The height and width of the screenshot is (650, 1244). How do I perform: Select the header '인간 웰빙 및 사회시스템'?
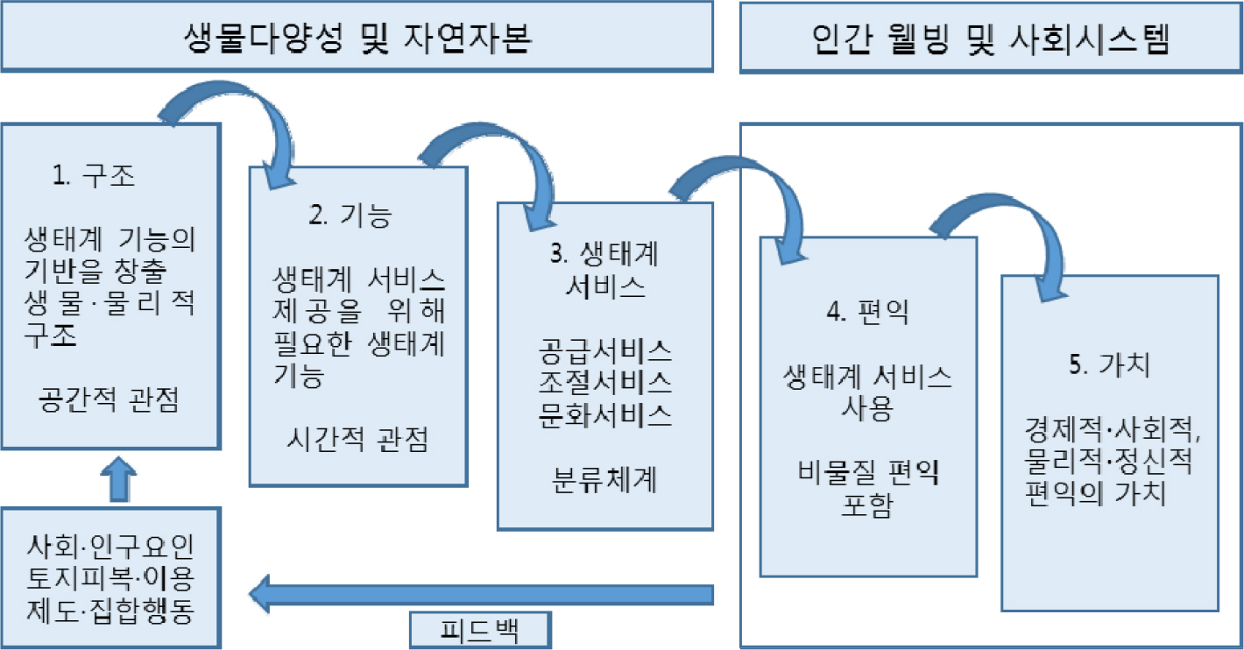[989, 38]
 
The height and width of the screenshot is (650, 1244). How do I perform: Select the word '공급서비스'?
[605, 352]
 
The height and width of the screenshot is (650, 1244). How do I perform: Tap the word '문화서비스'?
[605, 413]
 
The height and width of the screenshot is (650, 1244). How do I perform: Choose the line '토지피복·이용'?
[110, 579]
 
